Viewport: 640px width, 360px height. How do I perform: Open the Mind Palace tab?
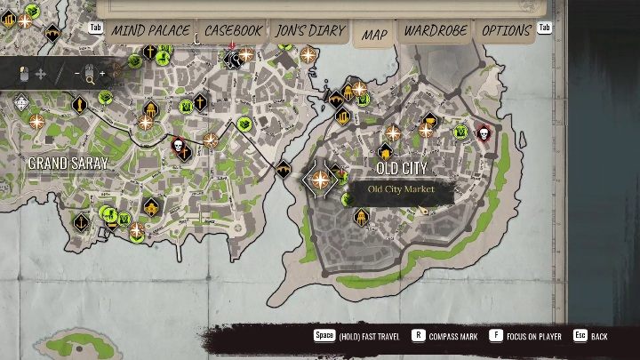point(150,31)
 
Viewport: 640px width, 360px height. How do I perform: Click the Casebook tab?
point(234,31)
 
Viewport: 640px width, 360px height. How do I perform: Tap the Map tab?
point(374,35)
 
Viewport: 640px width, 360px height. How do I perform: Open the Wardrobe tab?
point(436,31)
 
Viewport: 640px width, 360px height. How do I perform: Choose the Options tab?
point(506,31)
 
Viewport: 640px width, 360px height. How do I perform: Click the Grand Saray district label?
point(68,164)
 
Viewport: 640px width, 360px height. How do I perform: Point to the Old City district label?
point(402,168)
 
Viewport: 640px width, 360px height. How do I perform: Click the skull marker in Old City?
point(484,133)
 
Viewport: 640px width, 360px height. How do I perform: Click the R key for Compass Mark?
point(418,336)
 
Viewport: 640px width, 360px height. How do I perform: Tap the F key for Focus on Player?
point(495,336)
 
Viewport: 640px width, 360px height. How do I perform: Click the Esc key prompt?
point(580,336)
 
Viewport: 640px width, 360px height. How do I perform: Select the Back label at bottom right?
point(600,337)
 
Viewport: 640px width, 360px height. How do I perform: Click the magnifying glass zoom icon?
point(90,77)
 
